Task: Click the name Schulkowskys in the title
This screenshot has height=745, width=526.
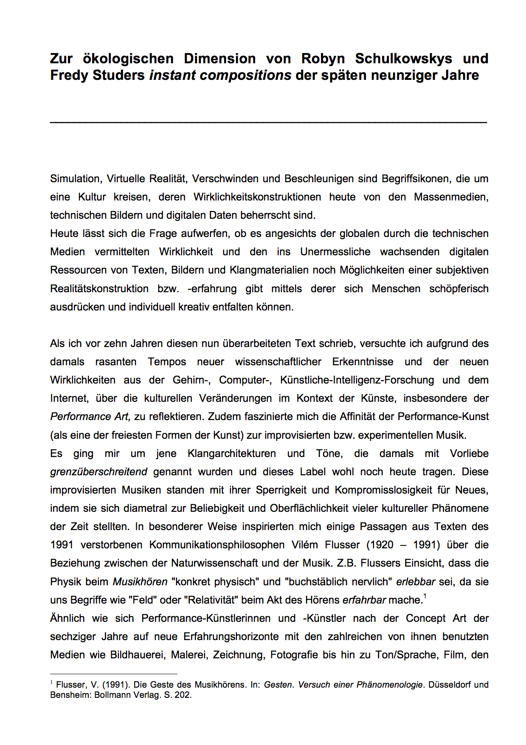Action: (x=403, y=59)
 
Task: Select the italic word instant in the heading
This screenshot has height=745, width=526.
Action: (x=172, y=75)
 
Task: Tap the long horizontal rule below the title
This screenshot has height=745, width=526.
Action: (x=268, y=122)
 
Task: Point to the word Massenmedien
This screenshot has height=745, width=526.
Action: (x=451, y=197)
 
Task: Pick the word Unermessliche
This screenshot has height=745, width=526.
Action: (x=335, y=252)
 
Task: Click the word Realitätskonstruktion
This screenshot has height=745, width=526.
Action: (x=99, y=289)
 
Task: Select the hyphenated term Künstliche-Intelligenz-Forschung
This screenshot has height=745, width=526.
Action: (x=357, y=380)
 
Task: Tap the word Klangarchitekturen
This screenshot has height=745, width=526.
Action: (x=231, y=454)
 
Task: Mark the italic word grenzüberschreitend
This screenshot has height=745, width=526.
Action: (x=98, y=472)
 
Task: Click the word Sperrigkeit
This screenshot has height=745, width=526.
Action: (x=281, y=490)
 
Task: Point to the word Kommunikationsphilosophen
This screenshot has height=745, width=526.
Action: (x=217, y=545)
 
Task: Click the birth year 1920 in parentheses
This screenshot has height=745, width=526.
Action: (x=376, y=545)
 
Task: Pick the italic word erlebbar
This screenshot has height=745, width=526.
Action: (x=416, y=582)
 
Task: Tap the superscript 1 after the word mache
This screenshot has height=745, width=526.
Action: (x=425, y=597)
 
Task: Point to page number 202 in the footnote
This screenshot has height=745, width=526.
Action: (x=183, y=695)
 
